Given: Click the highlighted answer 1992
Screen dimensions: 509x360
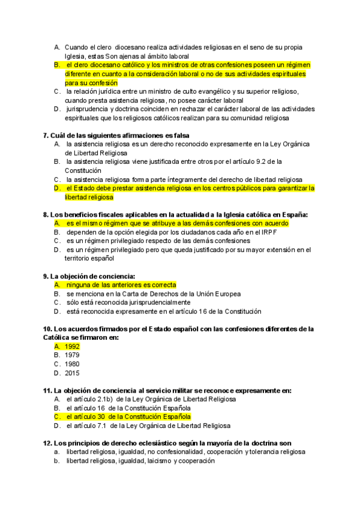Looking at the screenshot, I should (x=72, y=346).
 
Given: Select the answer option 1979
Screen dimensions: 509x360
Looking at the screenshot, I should (x=72, y=355).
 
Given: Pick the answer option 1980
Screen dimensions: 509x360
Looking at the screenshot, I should (x=72, y=364).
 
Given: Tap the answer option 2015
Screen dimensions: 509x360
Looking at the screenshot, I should (x=72, y=372).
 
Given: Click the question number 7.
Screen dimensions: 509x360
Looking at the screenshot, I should (x=46, y=136).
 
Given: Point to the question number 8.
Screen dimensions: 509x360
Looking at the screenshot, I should (x=46, y=214).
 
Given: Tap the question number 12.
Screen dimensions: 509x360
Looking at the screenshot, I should (x=47, y=443).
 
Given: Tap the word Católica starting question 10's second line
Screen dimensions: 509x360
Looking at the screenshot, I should (x=59, y=338).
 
